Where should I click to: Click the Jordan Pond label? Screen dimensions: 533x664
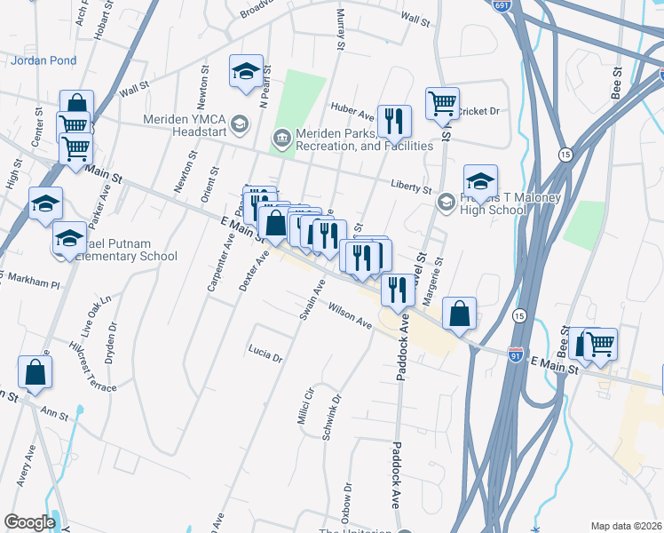pyautogui.click(x=44, y=61)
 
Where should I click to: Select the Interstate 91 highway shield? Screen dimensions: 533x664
pyautogui.click(x=516, y=354)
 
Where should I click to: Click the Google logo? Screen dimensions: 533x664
pyautogui.click(x=29, y=522)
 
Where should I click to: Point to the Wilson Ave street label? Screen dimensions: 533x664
pyautogui.click(x=350, y=315)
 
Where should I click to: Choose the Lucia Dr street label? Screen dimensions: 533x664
pyautogui.click(x=265, y=353)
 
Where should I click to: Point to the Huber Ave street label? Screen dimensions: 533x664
pyautogui.click(x=352, y=113)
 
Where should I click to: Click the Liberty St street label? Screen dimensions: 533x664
pyautogui.click(x=411, y=188)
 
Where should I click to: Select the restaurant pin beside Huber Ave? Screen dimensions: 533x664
pyautogui.click(x=393, y=122)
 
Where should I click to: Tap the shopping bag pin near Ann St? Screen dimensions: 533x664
pyautogui.click(x=35, y=372)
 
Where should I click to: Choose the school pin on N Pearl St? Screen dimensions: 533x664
pyautogui.click(x=246, y=72)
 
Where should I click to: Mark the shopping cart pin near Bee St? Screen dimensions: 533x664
pyautogui.click(x=601, y=343)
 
